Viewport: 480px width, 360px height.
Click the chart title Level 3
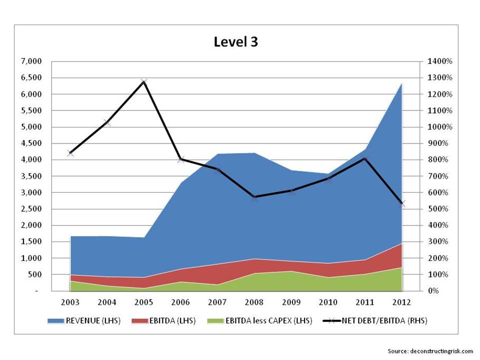[x=235, y=42]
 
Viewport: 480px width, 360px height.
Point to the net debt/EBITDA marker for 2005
[x=144, y=82]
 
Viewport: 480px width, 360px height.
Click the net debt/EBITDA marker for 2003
[x=70, y=153]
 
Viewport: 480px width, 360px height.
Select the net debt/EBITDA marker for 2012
[x=402, y=203]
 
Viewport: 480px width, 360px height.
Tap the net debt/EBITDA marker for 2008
[x=254, y=197]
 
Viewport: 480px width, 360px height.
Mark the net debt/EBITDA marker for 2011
[x=365, y=159]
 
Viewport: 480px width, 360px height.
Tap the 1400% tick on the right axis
[x=439, y=61]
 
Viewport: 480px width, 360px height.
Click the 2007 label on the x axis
[x=218, y=302]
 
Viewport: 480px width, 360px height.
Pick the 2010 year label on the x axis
[x=328, y=302]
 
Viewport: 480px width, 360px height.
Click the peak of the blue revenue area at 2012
[x=402, y=84]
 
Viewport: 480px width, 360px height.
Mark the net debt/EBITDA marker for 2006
[x=181, y=159]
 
